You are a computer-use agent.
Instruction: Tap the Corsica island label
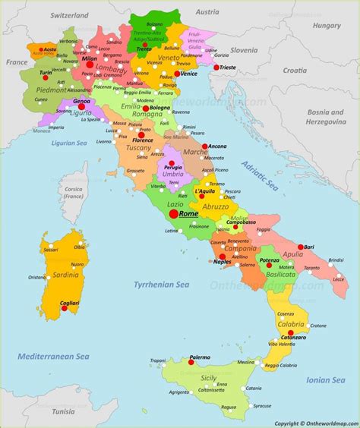click(72, 191)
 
